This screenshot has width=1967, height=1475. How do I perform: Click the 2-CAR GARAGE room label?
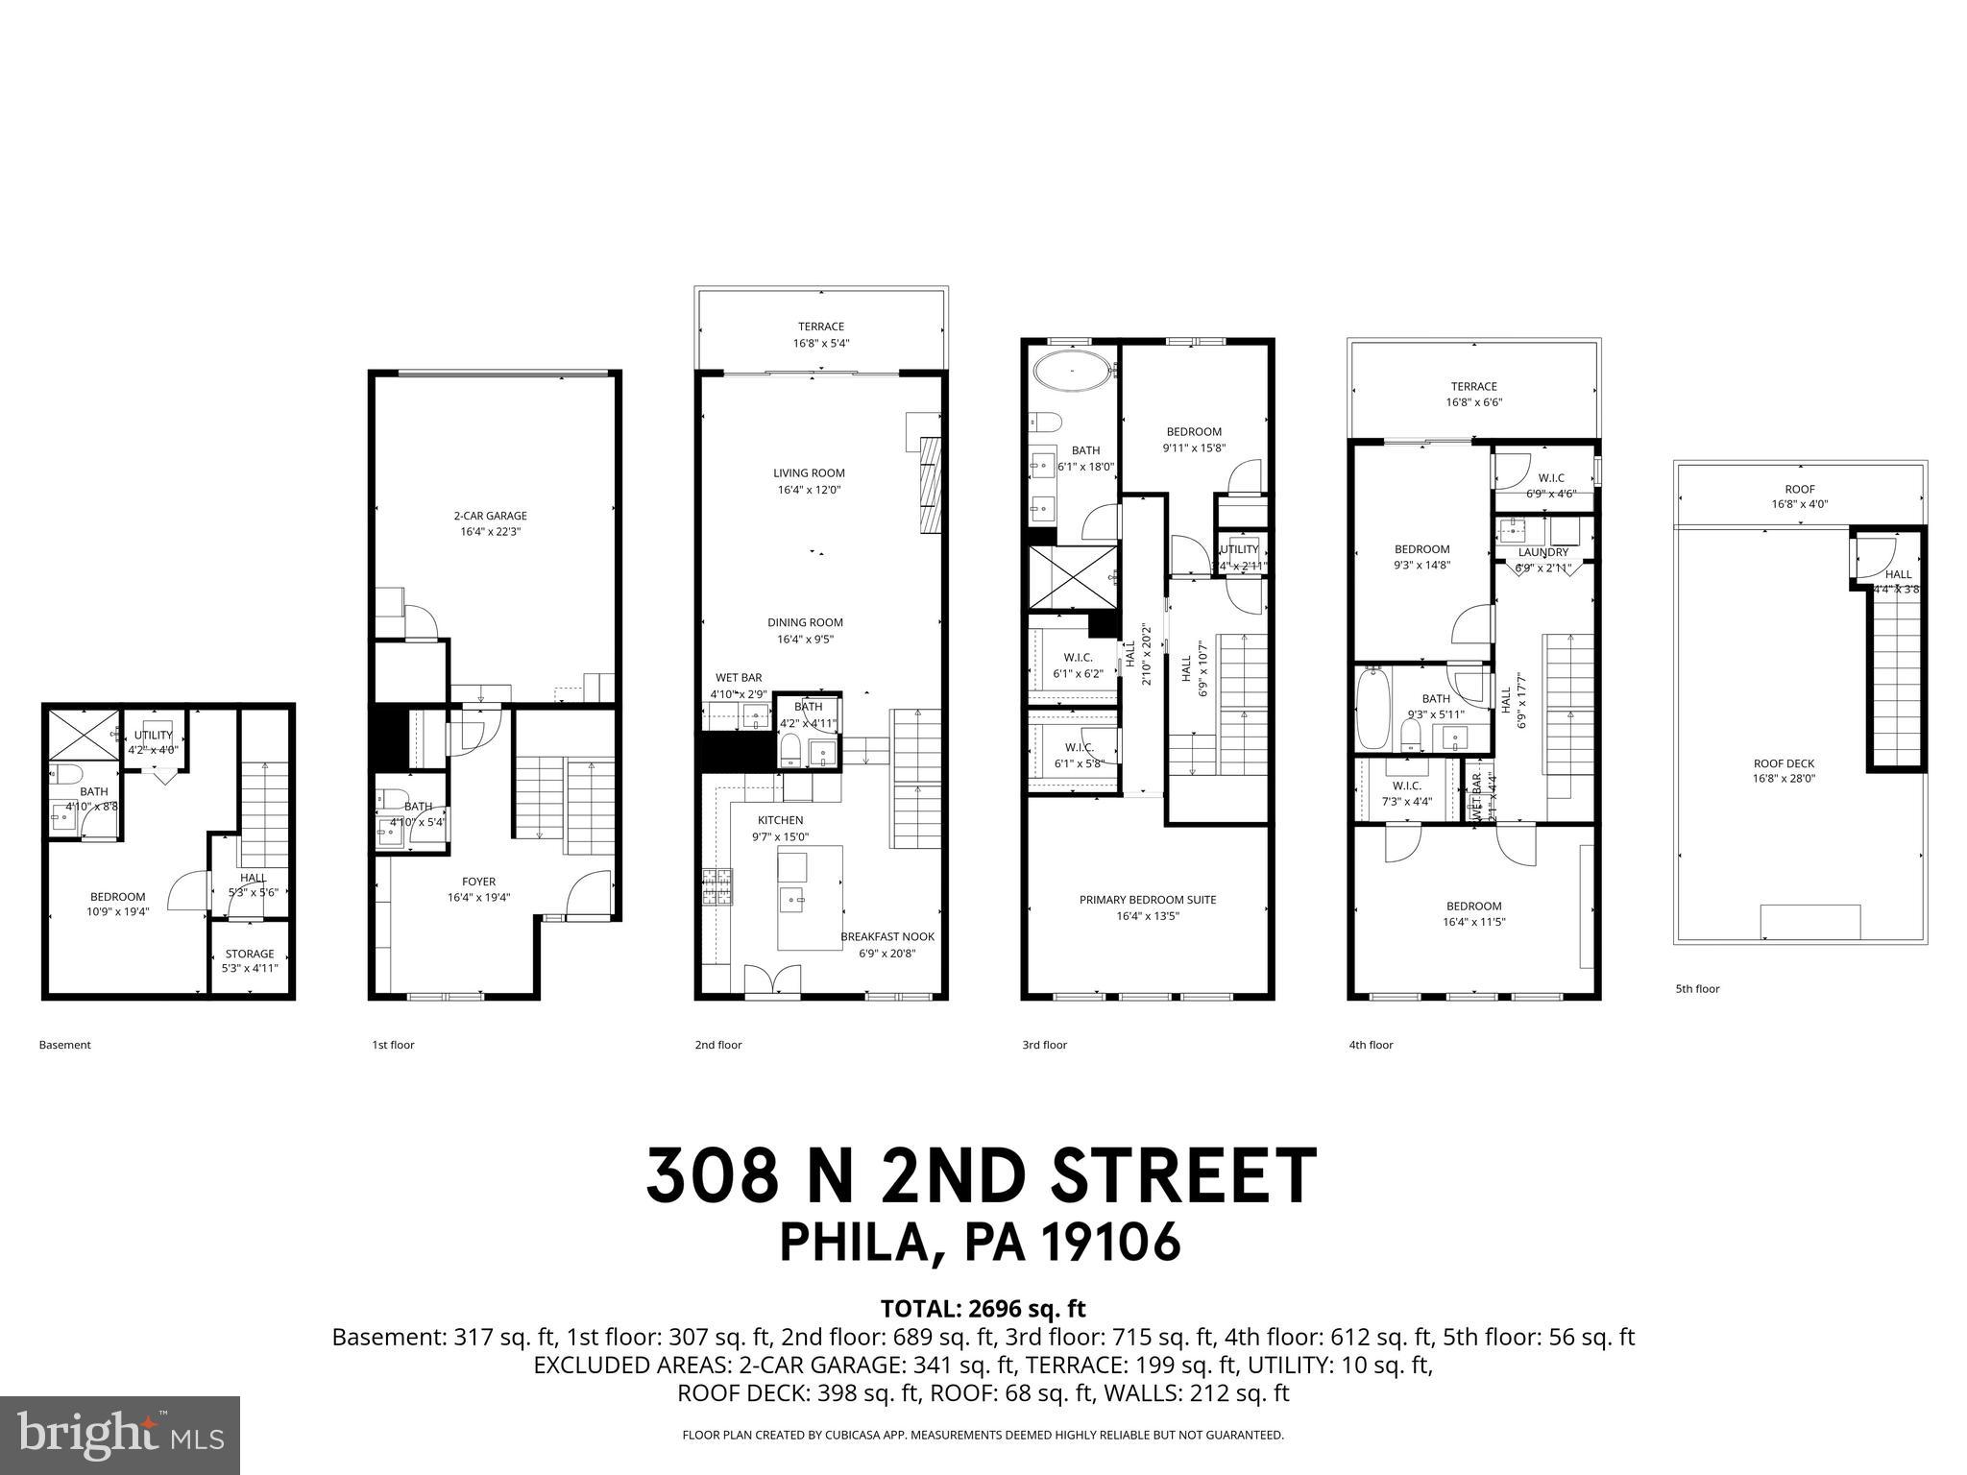pyautogui.click(x=490, y=516)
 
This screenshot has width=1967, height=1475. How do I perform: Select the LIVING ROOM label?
pyautogui.click(x=809, y=472)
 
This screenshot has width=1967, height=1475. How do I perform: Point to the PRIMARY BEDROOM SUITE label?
pyautogui.click(x=1147, y=900)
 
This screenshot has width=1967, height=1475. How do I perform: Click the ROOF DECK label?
pyautogui.click(x=1784, y=763)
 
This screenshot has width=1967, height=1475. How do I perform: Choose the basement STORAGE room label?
pyautogui.click(x=250, y=954)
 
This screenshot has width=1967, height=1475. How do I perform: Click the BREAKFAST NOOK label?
pyautogui.click(x=886, y=936)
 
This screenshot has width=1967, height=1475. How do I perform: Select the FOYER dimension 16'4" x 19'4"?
pyautogui.click(x=478, y=898)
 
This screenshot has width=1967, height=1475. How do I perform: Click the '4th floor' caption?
pyautogui.click(x=1370, y=1045)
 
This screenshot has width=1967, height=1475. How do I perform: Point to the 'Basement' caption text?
pyautogui.click(x=64, y=1045)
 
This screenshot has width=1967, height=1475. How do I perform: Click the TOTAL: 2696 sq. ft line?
pyautogui.click(x=983, y=1308)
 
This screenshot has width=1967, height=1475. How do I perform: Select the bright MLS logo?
pyautogui.click(x=120, y=1436)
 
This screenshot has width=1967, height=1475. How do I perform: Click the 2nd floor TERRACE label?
pyautogui.click(x=820, y=326)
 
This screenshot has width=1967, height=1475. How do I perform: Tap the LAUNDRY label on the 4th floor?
pyautogui.click(x=1542, y=552)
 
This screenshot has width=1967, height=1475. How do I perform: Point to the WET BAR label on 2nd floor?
pyautogui.click(x=738, y=678)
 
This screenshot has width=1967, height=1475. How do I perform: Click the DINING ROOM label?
pyautogui.click(x=805, y=622)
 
